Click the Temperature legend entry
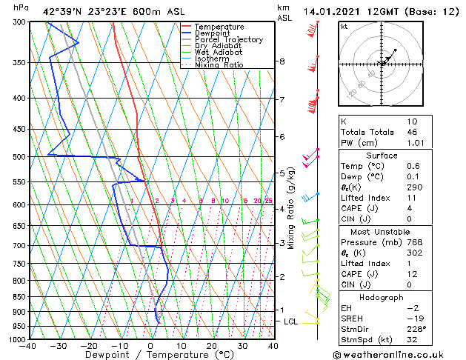click(x=219, y=27)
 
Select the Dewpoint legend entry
click(x=213, y=33)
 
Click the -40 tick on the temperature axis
click(x=28, y=346)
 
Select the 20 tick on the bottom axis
click(x=211, y=346)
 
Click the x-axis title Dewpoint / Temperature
click(x=150, y=355)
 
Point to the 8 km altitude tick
click(x=282, y=61)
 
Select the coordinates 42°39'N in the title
click(x=64, y=11)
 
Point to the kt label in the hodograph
click(x=344, y=27)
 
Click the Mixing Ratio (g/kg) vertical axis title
click(x=291, y=207)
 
